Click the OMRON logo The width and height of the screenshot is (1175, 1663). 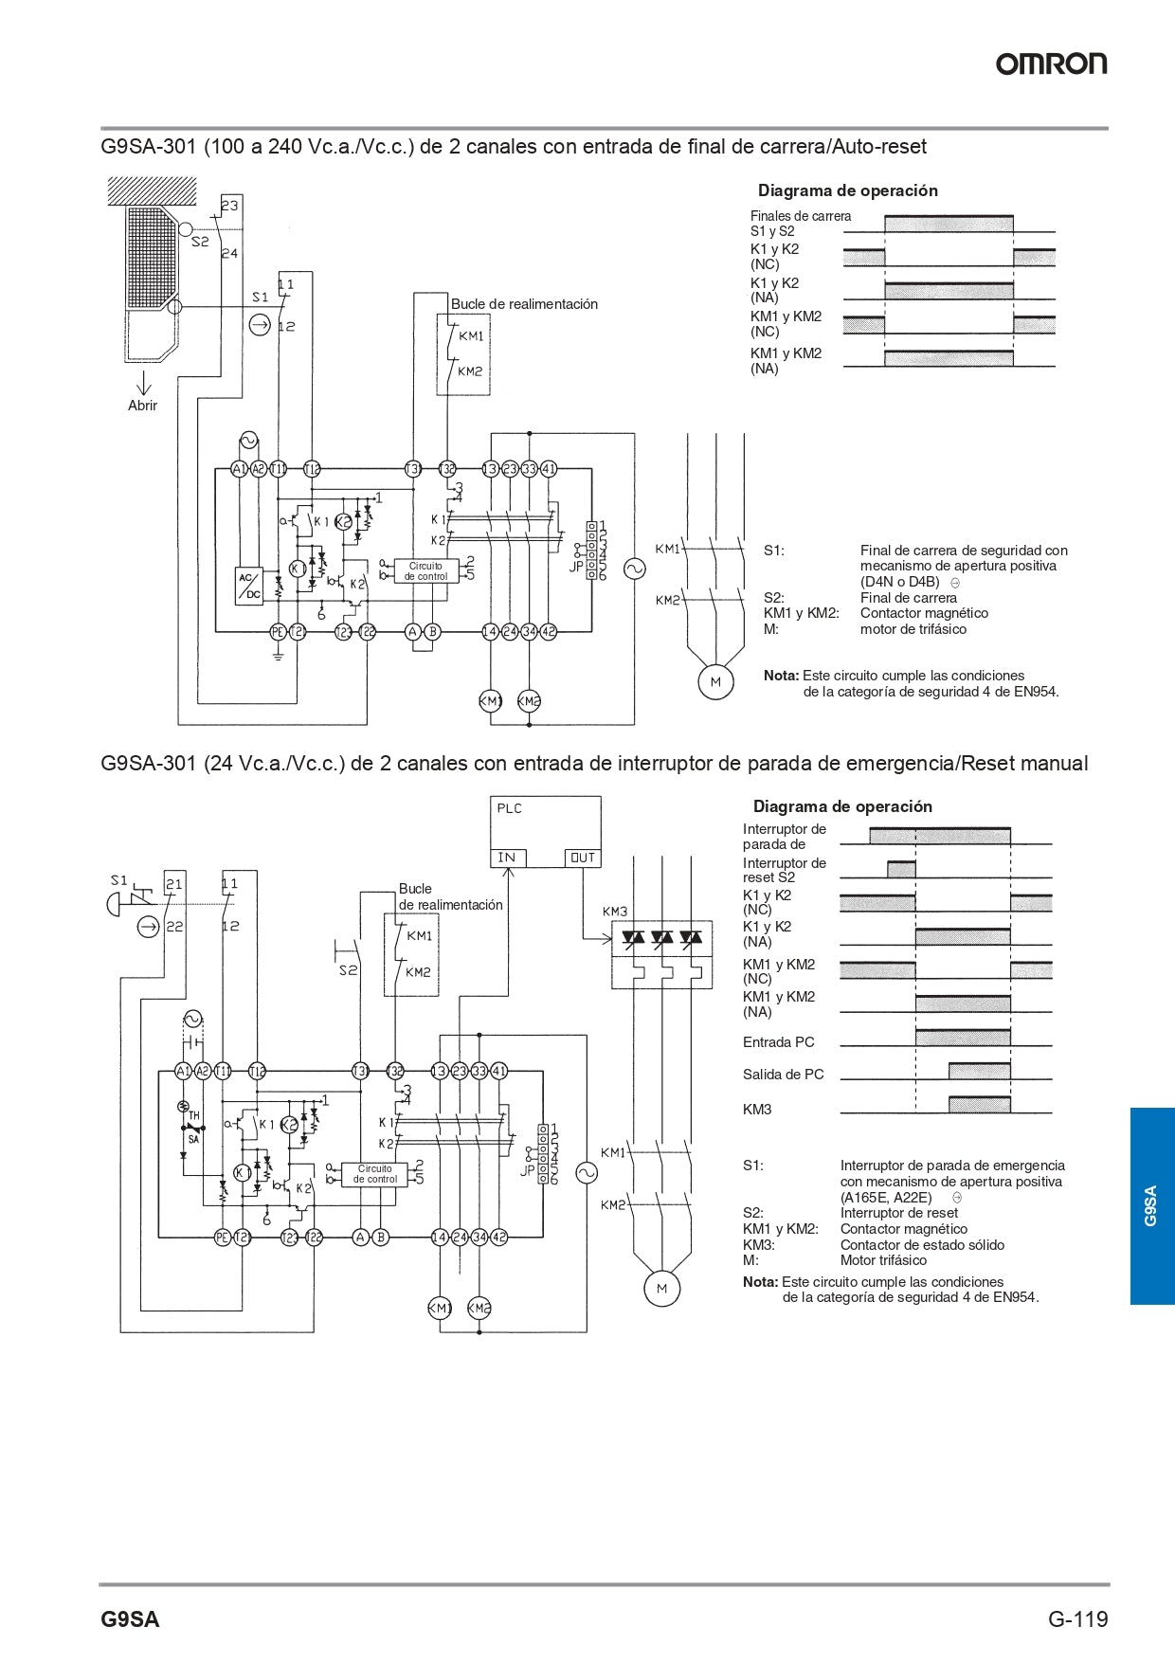tap(1051, 63)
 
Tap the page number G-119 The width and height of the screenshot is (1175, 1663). tap(1077, 1618)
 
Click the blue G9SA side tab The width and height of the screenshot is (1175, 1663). tap(1151, 1205)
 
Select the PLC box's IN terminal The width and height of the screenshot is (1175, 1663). tap(507, 858)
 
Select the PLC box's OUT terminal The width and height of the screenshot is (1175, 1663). tap(582, 858)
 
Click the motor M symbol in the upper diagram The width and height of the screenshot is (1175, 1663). tap(715, 682)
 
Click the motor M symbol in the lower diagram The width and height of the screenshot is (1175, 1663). tap(661, 1289)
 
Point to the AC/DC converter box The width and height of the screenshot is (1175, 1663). tap(249, 587)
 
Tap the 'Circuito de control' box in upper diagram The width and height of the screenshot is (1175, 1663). tap(425, 571)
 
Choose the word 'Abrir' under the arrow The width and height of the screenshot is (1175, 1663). tap(142, 406)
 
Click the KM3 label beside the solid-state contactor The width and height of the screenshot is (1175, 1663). tap(615, 912)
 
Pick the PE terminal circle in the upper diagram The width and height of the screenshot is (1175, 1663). tap(278, 631)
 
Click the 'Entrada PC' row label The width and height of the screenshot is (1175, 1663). tap(778, 1042)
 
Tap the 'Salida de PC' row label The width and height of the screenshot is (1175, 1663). tap(783, 1075)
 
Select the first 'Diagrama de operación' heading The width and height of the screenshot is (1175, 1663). tap(847, 190)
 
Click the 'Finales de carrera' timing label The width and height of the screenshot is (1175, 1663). tap(801, 216)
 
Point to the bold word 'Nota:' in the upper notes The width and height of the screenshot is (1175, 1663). tap(781, 676)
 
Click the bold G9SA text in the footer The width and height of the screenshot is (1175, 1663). tap(130, 1619)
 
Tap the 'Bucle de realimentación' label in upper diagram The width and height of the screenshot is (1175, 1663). tap(524, 304)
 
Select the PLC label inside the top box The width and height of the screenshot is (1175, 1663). tap(509, 808)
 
